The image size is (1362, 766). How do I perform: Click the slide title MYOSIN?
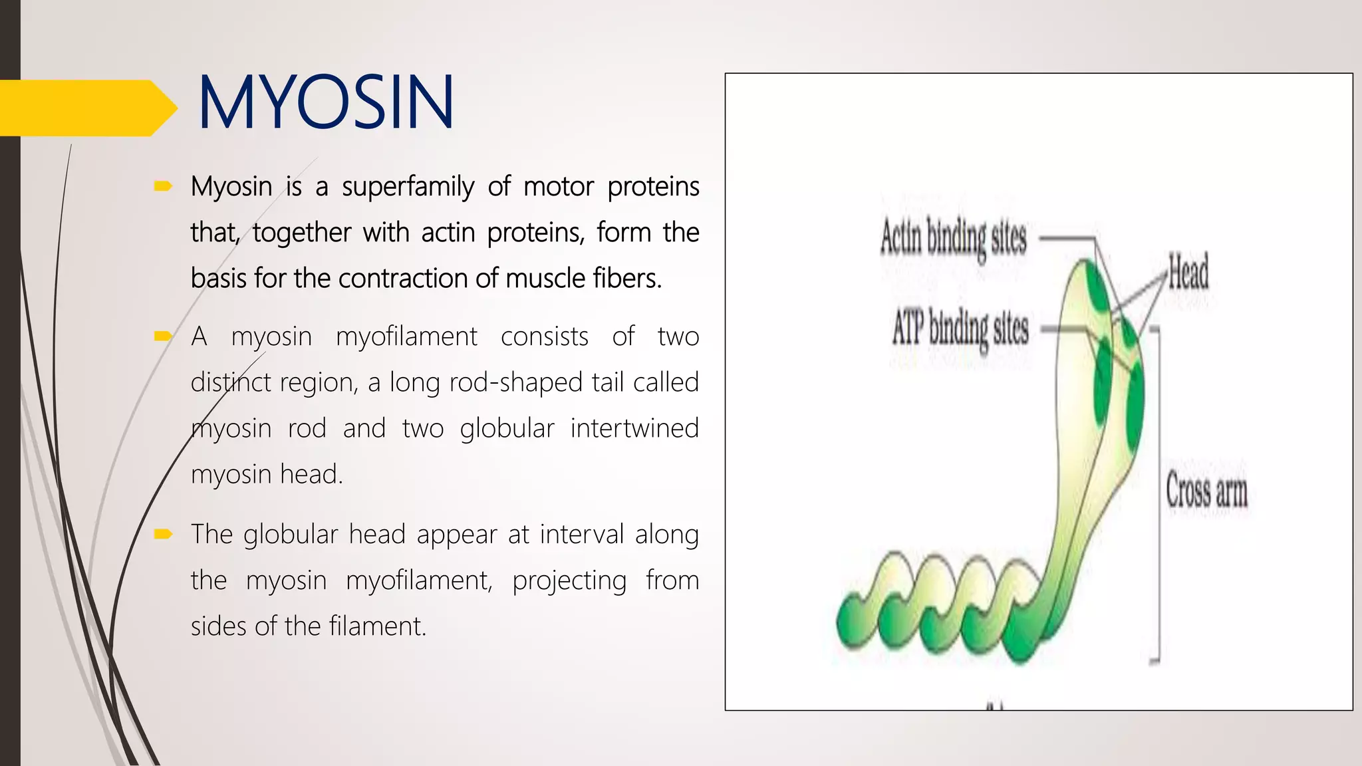pyautogui.click(x=326, y=103)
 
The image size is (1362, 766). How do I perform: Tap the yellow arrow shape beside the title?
pyautogui.click(x=86, y=108)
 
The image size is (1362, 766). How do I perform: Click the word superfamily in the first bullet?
pyautogui.click(x=408, y=187)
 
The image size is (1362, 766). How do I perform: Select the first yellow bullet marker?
pyautogui.click(x=163, y=186)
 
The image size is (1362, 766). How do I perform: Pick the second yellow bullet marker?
pyautogui.click(x=163, y=336)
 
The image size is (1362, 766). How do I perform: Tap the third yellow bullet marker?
pyautogui.click(x=163, y=534)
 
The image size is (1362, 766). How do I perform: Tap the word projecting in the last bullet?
pyautogui.click(x=569, y=580)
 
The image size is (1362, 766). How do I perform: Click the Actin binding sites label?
pyautogui.click(x=953, y=238)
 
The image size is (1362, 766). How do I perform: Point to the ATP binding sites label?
pyautogui.click(x=960, y=328)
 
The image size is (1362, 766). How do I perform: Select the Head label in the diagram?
pyautogui.click(x=1188, y=273)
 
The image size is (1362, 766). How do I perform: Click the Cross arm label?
pyautogui.click(x=1206, y=491)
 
